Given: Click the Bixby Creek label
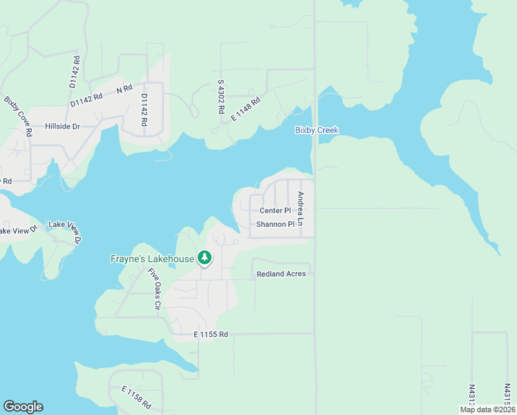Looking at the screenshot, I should click(317, 130).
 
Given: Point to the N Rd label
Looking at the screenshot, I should click(124, 90).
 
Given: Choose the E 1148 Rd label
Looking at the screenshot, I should click(245, 109).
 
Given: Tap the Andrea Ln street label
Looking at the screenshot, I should click(300, 207).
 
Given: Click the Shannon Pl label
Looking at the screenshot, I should click(275, 224).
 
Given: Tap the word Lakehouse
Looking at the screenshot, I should click(173, 259).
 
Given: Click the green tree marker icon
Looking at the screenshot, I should click(204, 258).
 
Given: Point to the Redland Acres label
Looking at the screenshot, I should click(281, 274).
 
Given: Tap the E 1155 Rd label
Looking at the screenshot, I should click(211, 335).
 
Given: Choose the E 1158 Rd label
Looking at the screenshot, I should click(137, 398).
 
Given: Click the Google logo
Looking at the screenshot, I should click(23, 407).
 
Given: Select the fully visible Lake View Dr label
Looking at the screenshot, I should click(64, 232).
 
